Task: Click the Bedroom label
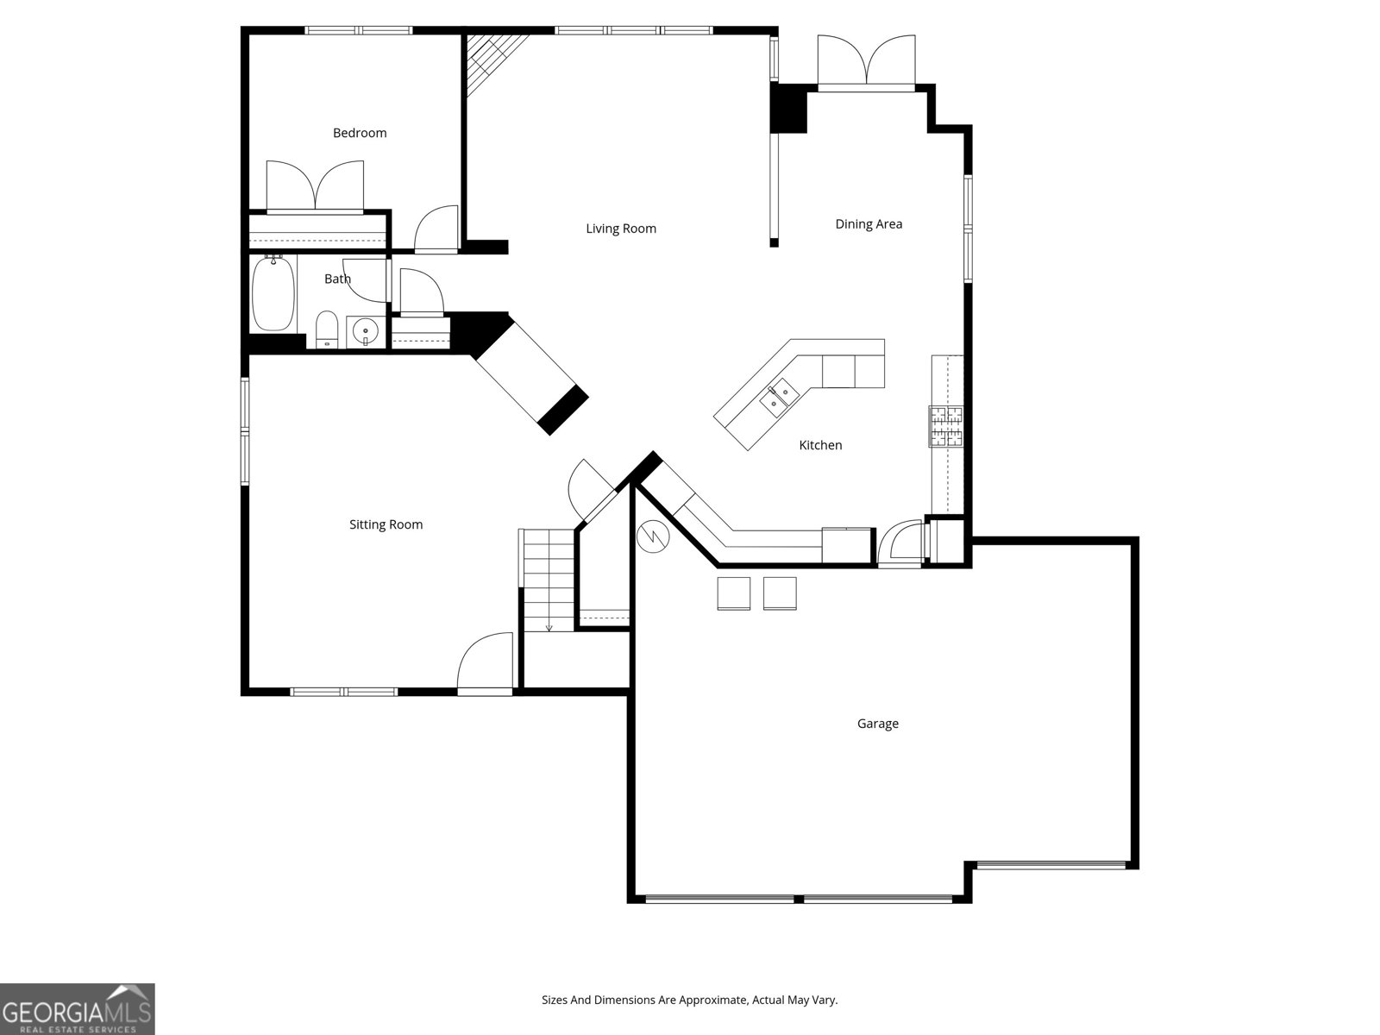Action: pyautogui.click(x=360, y=133)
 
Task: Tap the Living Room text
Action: pyautogui.click(x=621, y=229)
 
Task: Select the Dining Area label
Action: pyautogui.click(x=869, y=224)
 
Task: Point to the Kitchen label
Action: pyautogui.click(x=820, y=445)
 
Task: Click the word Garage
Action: pyautogui.click(x=877, y=724)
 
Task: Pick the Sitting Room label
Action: pyautogui.click(x=386, y=524)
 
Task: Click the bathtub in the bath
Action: pyautogui.click(x=273, y=293)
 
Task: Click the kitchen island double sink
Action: pyautogui.click(x=778, y=397)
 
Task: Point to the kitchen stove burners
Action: pyautogui.click(x=945, y=426)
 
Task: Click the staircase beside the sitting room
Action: pyautogui.click(x=548, y=580)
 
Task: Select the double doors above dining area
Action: pyautogui.click(x=866, y=62)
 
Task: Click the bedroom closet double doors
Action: pyautogui.click(x=315, y=186)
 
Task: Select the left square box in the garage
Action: pyautogui.click(x=734, y=593)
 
